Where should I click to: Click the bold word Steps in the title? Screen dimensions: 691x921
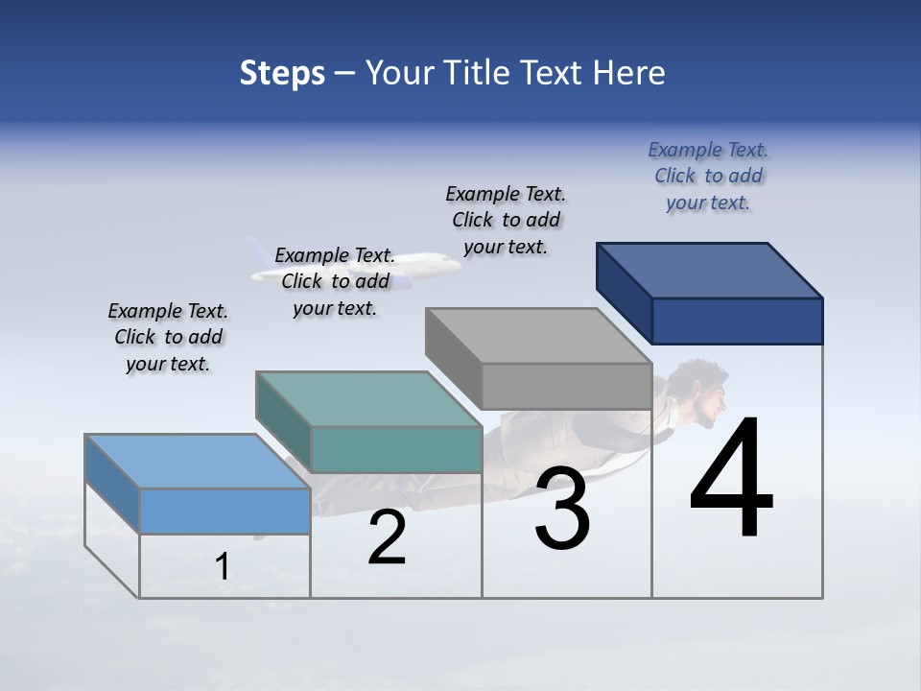(x=282, y=73)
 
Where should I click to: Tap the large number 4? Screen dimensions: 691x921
(x=731, y=479)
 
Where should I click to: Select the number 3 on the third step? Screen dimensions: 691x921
(x=562, y=508)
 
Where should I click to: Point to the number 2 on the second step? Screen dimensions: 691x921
(x=387, y=536)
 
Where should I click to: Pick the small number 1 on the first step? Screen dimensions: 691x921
(x=223, y=567)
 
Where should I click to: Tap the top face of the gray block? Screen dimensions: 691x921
(x=538, y=336)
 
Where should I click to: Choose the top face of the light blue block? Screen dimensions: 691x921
(x=198, y=462)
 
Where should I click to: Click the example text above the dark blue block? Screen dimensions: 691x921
(x=708, y=176)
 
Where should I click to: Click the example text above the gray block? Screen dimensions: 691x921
(x=506, y=220)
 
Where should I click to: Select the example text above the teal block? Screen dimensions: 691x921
(x=335, y=281)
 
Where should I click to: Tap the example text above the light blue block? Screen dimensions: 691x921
(x=168, y=337)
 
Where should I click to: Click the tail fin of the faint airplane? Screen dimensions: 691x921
(x=256, y=252)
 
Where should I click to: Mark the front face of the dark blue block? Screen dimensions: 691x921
(x=737, y=321)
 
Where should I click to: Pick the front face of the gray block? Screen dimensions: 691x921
(x=566, y=386)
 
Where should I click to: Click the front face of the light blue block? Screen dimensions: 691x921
(x=224, y=511)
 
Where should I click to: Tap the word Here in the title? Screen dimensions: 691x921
(x=629, y=73)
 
